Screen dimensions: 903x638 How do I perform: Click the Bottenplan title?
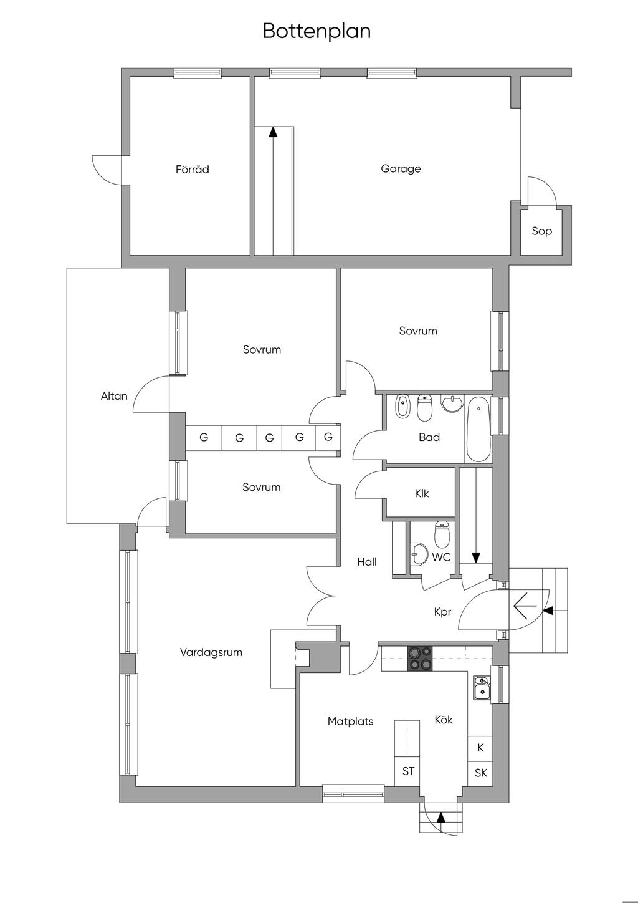click(x=317, y=31)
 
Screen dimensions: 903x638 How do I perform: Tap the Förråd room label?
click(x=192, y=169)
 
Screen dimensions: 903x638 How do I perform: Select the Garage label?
click(x=401, y=168)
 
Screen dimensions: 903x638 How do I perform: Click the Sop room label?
click(x=541, y=231)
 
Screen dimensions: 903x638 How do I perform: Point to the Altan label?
click(x=114, y=396)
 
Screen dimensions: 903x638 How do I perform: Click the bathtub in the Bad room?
click(x=478, y=429)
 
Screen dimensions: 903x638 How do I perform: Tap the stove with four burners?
click(x=419, y=659)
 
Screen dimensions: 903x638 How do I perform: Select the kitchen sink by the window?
click(x=481, y=687)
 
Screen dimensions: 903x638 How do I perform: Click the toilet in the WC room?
click(x=442, y=533)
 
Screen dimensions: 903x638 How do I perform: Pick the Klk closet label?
click(x=422, y=493)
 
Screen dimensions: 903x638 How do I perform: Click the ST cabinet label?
click(x=408, y=771)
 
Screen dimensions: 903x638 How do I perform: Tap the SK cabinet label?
click(x=481, y=773)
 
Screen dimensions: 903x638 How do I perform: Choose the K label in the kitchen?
click(x=480, y=748)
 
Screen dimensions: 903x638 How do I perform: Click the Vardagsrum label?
click(x=211, y=652)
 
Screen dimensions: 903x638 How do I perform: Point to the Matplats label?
click(x=351, y=722)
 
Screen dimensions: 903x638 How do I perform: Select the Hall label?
click(x=367, y=562)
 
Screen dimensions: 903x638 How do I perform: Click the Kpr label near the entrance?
click(x=442, y=612)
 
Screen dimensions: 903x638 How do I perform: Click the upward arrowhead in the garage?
click(x=273, y=131)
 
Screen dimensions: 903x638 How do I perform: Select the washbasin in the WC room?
click(x=419, y=553)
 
